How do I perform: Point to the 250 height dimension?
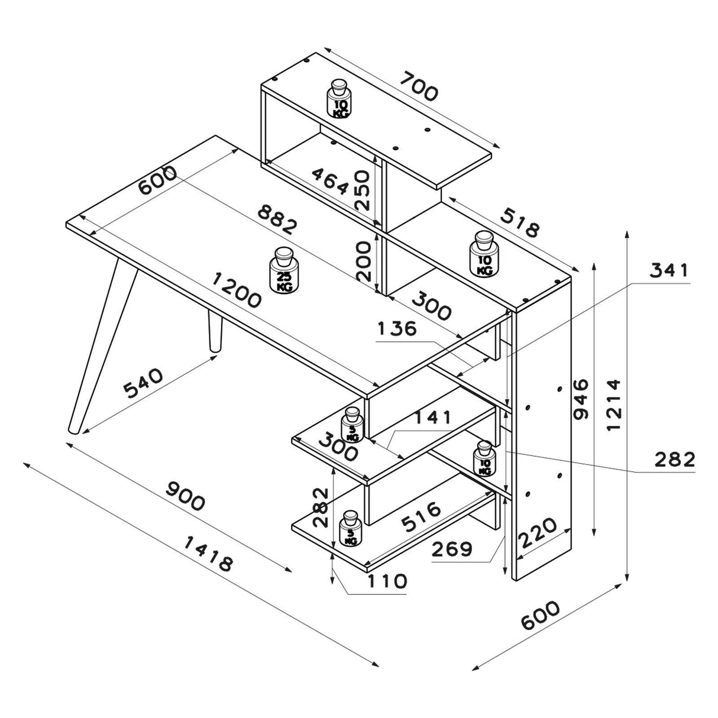tap(361, 190)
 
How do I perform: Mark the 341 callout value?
tap(670, 271)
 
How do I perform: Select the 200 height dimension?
tap(361, 261)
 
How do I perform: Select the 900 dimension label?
tap(185, 496)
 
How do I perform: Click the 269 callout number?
tap(452, 549)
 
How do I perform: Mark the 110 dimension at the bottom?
tap(386, 581)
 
